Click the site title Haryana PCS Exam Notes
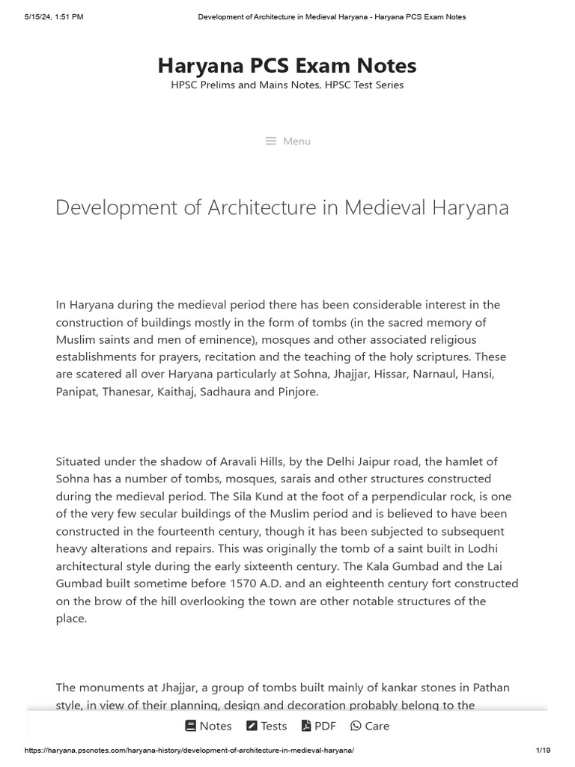pos(287,66)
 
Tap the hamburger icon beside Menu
pos(271,141)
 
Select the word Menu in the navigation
pos(296,141)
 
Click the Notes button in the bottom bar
pos(208,726)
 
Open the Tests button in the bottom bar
pos(267,726)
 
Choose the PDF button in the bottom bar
pos(318,726)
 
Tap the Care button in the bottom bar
pos(370,726)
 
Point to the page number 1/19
pos(543,751)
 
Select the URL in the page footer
pos(189,751)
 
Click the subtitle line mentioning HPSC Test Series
pos(287,85)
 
